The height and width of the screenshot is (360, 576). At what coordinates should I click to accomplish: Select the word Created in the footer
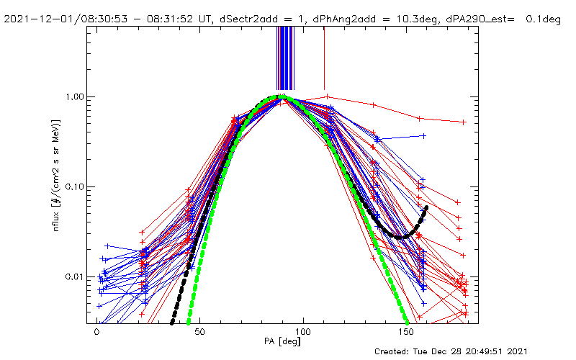pos(394,351)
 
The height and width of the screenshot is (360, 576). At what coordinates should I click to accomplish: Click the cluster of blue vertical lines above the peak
pos(285,58)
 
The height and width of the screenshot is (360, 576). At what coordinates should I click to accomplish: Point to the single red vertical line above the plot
pos(324,58)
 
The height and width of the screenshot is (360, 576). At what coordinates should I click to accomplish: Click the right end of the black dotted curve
pos(426,208)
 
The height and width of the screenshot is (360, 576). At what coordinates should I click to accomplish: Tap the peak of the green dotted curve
pos(282,96)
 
